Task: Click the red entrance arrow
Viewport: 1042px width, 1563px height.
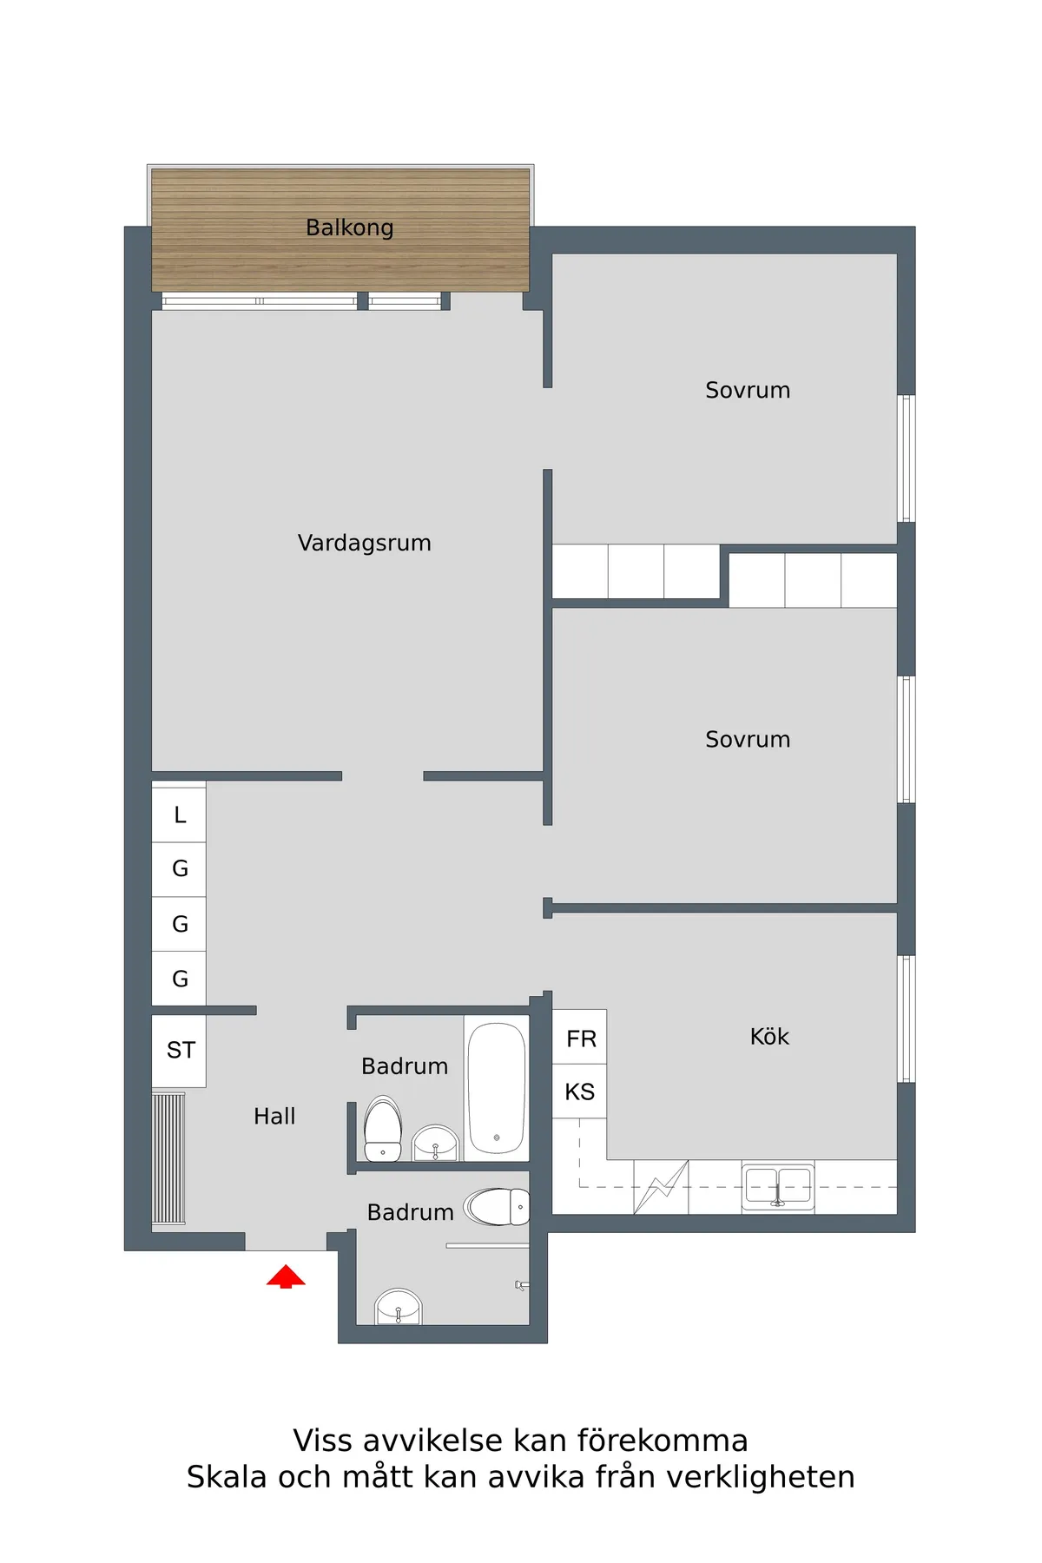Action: [286, 1276]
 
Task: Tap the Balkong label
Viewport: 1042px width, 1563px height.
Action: [350, 228]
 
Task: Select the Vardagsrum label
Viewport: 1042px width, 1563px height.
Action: [364, 543]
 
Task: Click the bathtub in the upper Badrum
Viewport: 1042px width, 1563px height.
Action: [497, 1088]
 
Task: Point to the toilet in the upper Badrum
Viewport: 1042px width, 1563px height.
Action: [383, 1130]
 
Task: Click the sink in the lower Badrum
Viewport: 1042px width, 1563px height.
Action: [398, 1308]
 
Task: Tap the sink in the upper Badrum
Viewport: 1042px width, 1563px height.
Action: [435, 1144]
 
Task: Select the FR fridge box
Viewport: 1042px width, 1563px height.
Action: [580, 1038]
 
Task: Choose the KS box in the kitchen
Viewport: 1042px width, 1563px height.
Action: [580, 1091]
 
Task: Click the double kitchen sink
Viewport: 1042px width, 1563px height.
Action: [778, 1186]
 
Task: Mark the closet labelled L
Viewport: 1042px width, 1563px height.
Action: [180, 814]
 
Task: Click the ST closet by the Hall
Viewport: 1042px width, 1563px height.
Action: [180, 1051]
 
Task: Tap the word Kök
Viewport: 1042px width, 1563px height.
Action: [769, 1037]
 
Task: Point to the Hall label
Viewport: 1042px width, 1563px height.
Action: [274, 1117]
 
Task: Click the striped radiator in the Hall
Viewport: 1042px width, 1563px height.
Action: [168, 1158]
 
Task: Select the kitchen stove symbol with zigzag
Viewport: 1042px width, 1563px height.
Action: [662, 1186]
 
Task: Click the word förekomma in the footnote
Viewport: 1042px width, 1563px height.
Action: [663, 1441]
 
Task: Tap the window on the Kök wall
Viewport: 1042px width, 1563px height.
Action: [906, 1019]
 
